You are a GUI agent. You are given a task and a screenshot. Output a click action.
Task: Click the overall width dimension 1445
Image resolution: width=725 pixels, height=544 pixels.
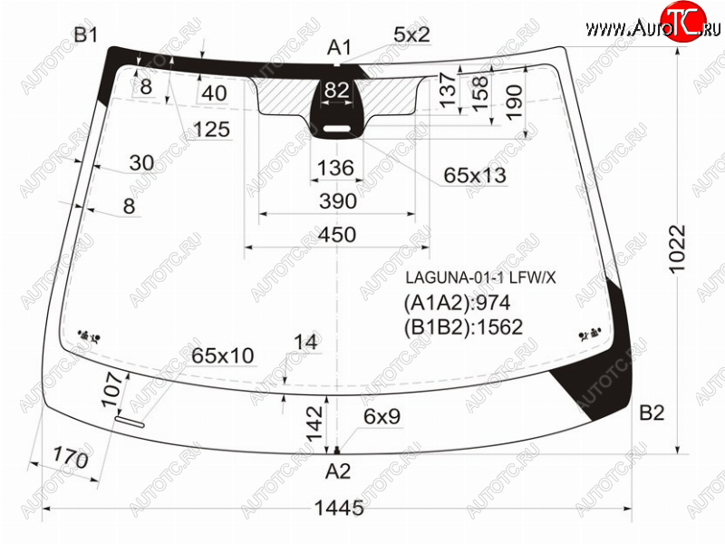click(x=339, y=508)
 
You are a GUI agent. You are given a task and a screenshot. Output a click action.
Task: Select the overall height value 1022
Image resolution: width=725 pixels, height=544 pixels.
click(x=677, y=249)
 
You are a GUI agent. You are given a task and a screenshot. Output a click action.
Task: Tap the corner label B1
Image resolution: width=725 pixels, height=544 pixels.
click(x=86, y=34)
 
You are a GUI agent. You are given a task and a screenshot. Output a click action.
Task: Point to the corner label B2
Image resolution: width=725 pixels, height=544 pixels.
click(x=652, y=413)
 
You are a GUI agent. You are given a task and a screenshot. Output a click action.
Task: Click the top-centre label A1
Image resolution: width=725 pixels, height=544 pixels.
click(x=339, y=47)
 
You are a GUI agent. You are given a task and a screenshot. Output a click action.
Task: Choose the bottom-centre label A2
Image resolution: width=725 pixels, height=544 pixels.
click(x=338, y=471)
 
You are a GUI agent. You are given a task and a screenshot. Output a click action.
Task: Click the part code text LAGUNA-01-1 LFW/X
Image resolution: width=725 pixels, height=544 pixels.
click(x=481, y=277)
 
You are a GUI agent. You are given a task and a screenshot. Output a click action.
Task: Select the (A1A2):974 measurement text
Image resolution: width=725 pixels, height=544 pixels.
click(x=458, y=303)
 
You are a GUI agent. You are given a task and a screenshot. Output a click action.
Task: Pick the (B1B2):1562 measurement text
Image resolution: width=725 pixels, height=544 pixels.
click(x=463, y=327)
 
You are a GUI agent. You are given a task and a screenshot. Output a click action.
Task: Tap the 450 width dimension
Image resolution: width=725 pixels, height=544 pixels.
click(x=337, y=235)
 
